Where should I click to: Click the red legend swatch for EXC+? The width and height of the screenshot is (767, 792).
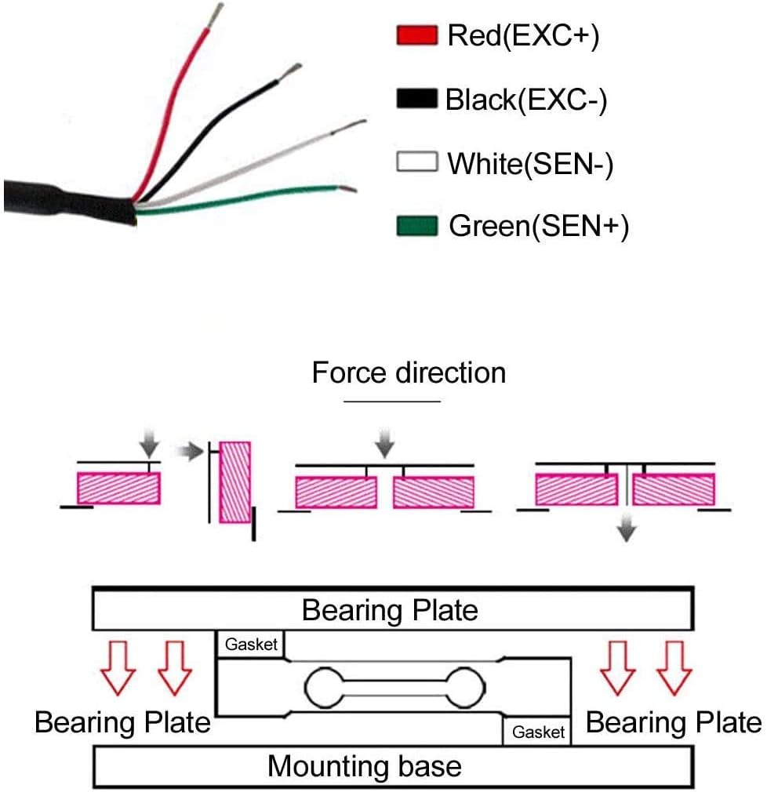tap(417, 36)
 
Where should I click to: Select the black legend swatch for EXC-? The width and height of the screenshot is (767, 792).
tap(417, 100)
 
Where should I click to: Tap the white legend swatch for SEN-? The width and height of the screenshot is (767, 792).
tap(417, 163)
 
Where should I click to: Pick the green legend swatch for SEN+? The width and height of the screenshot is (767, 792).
tap(417, 227)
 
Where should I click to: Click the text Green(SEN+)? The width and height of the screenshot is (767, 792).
tap(539, 227)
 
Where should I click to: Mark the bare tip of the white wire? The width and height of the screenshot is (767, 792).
tap(358, 125)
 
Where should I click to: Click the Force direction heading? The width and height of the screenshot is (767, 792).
tap(409, 372)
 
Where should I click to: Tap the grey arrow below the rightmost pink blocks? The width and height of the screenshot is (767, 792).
tap(626, 531)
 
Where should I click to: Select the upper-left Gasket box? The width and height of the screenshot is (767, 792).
tap(251, 645)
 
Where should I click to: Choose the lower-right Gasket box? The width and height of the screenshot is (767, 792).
tap(537, 732)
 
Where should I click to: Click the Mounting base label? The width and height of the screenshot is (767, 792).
tap(365, 766)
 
